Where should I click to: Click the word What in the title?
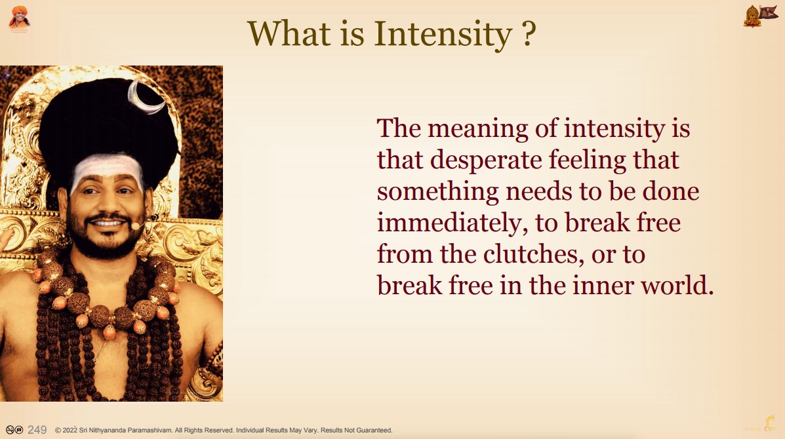click(289, 33)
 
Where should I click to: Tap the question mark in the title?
click(529, 33)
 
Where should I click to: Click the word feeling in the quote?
click(587, 161)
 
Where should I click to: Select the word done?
click(671, 192)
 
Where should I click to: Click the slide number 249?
click(37, 430)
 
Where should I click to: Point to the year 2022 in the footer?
click(70, 430)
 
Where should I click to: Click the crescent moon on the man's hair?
click(144, 98)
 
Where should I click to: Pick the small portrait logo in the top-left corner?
click(19, 18)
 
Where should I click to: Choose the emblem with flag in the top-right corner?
click(761, 16)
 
